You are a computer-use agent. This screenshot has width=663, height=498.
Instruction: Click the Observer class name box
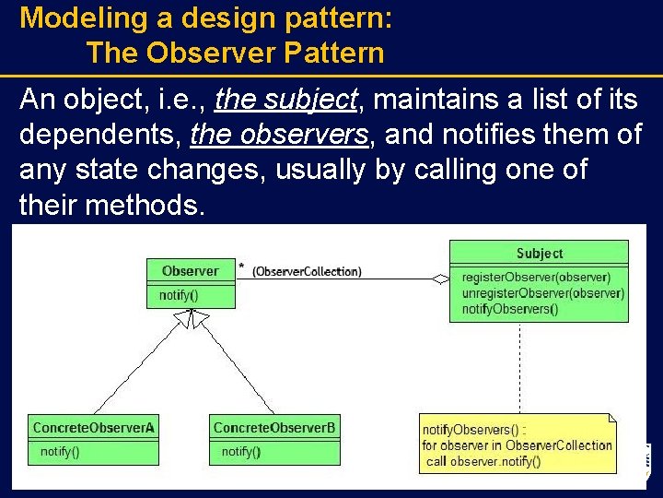click(x=191, y=271)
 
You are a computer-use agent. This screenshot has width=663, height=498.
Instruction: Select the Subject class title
click(x=539, y=253)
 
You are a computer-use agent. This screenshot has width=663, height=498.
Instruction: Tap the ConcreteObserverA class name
click(x=93, y=428)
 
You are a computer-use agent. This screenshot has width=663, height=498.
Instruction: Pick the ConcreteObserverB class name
click(x=274, y=428)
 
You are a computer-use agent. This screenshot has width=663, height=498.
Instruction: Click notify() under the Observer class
click(x=179, y=296)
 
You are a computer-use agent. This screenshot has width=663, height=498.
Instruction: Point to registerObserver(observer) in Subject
click(x=535, y=277)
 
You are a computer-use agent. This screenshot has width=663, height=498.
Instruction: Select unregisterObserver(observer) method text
click(x=542, y=293)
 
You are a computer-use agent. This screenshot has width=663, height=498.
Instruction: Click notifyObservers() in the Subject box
click(x=509, y=309)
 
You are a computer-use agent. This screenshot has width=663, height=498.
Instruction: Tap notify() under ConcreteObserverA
click(x=60, y=452)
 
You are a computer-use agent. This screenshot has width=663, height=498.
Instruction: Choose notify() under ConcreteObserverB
click(x=241, y=452)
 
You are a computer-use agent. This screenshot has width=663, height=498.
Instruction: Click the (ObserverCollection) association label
click(x=307, y=271)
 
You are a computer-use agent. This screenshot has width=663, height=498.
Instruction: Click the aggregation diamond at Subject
click(x=441, y=278)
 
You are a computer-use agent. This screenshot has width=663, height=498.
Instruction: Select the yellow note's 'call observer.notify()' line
click(x=483, y=461)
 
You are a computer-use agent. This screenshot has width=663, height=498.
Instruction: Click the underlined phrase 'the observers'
click(x=279, y=136)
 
